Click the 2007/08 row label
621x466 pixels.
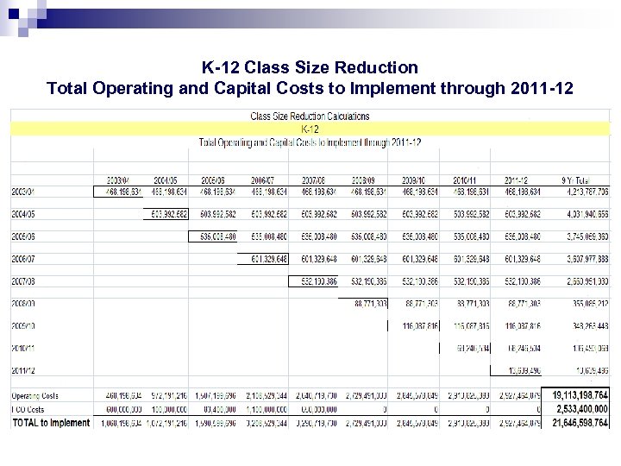pyautogui.click(x=25, y=280)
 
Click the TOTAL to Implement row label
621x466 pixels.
pyautogui.click(x=51, y=423)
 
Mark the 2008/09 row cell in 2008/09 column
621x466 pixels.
pyautogui.click(x=370, y=303)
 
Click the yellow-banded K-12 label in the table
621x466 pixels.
pyautogui.click(x=310, y=129)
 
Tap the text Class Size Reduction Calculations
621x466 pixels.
pyautogui.click(x=310, y=116)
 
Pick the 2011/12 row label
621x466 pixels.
pyautogui.click(x=25, y=370)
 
